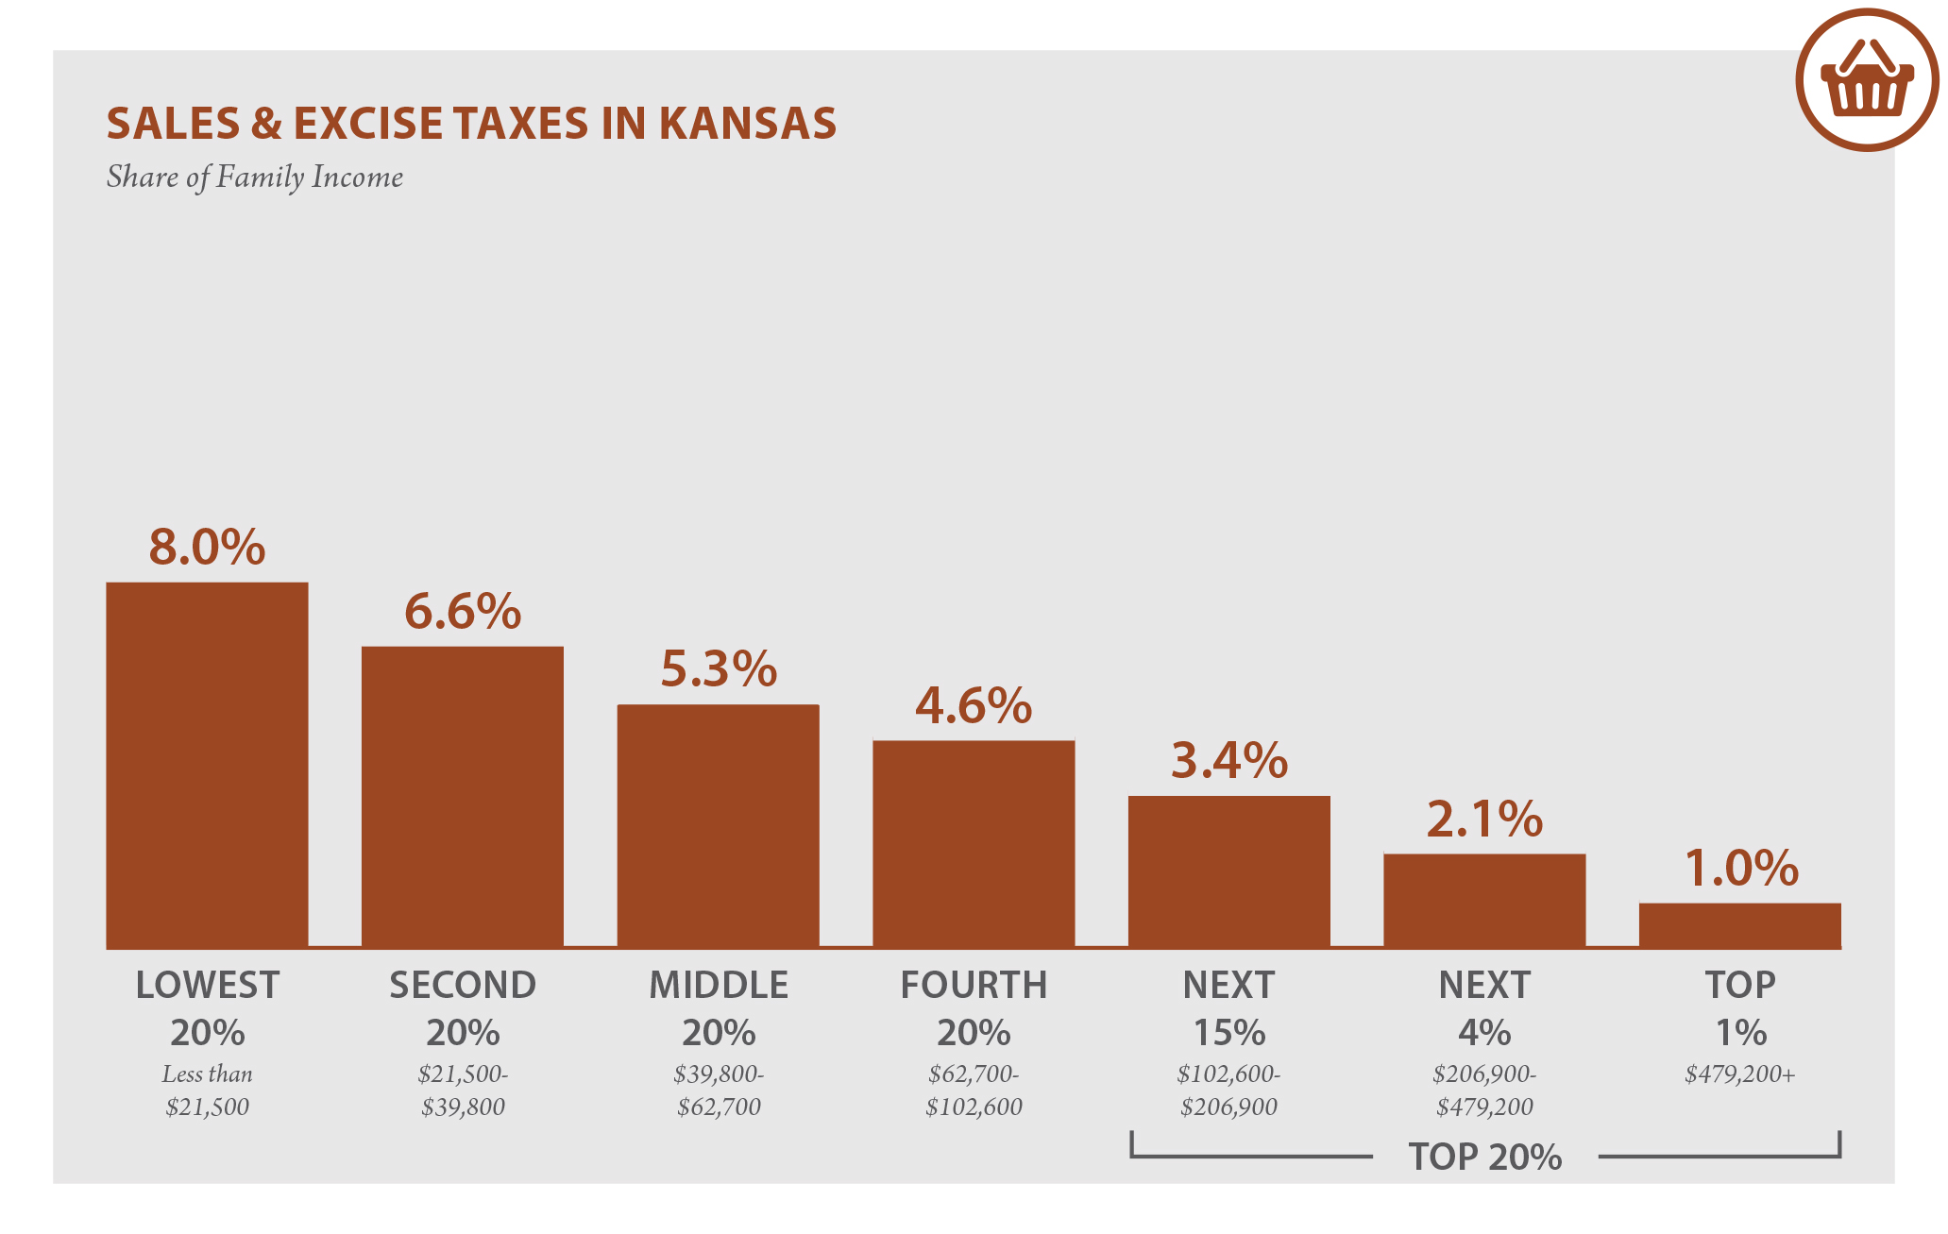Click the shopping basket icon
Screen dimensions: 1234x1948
[1867, 80]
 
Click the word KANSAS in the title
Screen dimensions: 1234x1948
[747, 124]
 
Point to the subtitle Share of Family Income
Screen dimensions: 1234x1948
[254, 177]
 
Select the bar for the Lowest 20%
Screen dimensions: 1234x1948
[207, 765]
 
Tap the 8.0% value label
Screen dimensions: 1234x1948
[207, 547]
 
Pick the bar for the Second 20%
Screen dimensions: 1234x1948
[463, 797]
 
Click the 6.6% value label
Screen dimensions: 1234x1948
[463, 611]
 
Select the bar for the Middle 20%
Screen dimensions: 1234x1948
[718, 826]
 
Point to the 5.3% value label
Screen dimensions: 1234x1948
[718, 668]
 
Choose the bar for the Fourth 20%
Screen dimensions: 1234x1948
[974, 844]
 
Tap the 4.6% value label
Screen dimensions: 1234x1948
[974, 705]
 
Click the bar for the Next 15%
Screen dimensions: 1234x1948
[1228, 871]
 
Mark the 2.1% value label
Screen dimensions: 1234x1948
[1484, 819]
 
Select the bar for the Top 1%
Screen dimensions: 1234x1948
[1739, 925]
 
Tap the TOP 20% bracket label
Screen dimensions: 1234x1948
[1484, 1157]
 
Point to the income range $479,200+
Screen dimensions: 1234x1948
[1739, 1074]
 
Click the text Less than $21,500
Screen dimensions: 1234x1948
[207, 1090]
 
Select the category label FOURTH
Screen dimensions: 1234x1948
[974, 985]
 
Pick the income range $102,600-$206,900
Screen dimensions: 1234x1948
[1228, 1090]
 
